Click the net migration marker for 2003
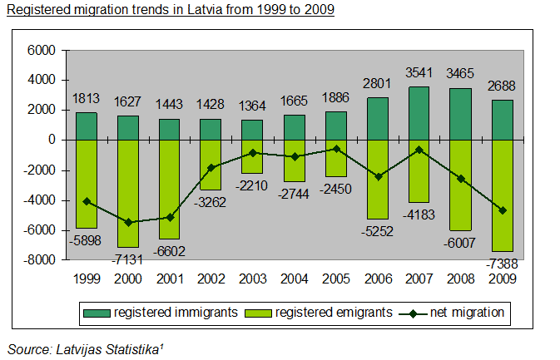(251, 153)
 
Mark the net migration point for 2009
(502, 210)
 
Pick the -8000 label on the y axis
(38, 260)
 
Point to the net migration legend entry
(462, 313)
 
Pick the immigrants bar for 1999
(87, 126)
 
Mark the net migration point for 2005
(335, 149)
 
